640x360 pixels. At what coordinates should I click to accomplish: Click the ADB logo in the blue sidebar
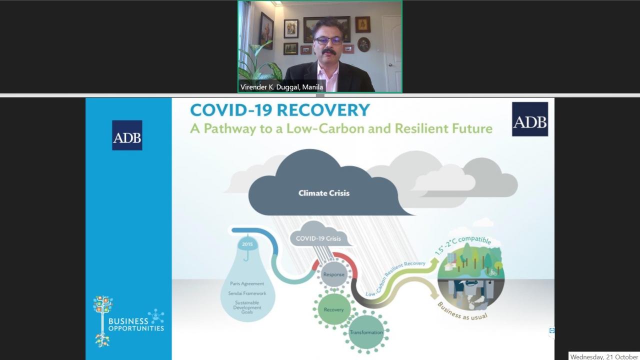[127, 135]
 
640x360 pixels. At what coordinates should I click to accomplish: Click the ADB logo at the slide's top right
[530, 119]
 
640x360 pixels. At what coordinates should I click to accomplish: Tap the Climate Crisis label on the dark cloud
[324, 193]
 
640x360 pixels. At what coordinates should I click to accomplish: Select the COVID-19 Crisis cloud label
[318, 238]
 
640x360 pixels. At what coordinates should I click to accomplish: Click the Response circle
[333, 274]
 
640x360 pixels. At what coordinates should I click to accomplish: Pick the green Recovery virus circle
[333, 309]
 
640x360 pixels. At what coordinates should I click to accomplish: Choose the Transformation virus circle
[366, 332]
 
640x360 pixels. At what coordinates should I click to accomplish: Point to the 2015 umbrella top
[247, 244]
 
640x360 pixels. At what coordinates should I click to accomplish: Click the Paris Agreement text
[247, 283]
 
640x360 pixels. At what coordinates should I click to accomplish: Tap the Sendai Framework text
[247, 293]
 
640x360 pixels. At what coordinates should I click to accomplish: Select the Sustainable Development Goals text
[247, 307]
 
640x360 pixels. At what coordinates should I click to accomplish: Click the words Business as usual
[462, 312]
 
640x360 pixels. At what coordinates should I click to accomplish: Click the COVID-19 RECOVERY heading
[280, 110]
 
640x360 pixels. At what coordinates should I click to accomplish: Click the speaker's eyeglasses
[328, 40]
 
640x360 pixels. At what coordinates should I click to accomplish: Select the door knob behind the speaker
[390, 65]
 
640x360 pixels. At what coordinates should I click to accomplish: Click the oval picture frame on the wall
[363, 44]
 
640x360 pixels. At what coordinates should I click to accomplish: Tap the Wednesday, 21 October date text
[604, 356]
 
